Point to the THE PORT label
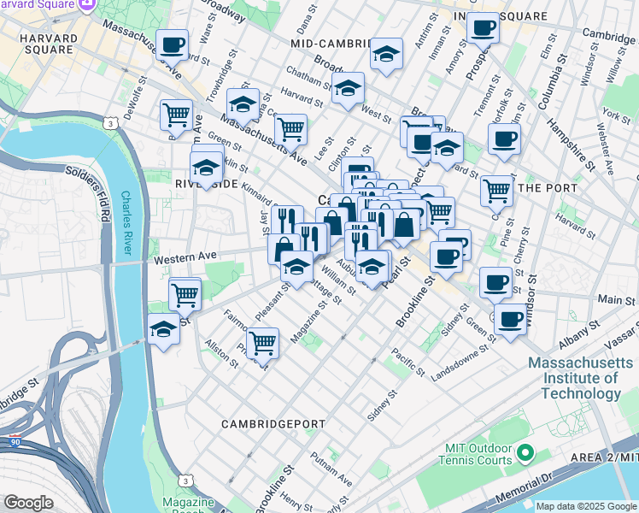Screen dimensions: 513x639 coord(544,187)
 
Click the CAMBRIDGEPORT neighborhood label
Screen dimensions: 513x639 coord(273,424)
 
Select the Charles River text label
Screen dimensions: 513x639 coord(129,221)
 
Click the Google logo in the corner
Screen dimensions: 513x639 coord(28,503)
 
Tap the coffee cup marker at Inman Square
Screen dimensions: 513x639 coord(483,28)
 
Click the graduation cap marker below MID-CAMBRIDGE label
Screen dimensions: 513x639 coord(386,54)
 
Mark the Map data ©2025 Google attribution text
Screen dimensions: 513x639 coord(585,506)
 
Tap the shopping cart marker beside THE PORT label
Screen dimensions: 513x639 coord(496,192)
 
